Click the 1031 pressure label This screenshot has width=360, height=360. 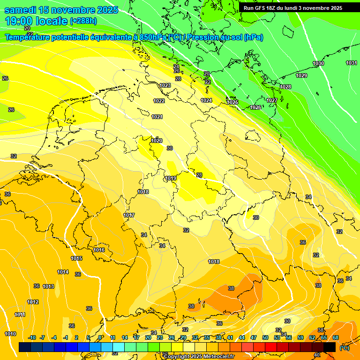pos(351,63)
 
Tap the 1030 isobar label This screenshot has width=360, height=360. pos(318,63)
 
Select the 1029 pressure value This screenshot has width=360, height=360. pos(301,75)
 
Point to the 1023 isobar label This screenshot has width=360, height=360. pos(165,85)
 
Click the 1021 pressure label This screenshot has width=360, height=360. pos(157,117)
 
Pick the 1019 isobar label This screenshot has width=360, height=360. pos(171,178)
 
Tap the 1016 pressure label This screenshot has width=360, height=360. pos(99,250)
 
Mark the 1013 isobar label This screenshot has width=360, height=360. pos(48,286)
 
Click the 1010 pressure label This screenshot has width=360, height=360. pos(10,334)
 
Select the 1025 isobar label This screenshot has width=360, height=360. pos(232,102)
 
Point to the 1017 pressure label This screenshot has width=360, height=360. pos(129,215)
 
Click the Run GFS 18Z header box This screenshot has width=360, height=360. pos(292,8)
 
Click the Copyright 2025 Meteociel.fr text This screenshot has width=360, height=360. pos(199,356)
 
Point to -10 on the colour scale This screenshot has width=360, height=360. pos(32,337)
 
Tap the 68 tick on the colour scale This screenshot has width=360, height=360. pos(336,337)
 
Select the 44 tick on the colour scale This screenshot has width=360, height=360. pos(242,337)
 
